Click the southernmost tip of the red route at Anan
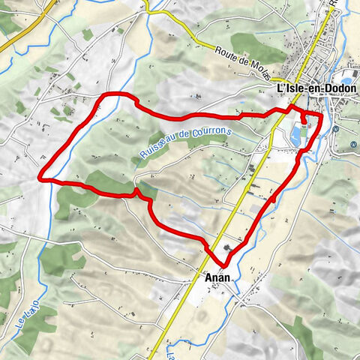[224, 265]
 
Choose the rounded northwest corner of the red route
[109, 95]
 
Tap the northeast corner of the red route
[320, 116]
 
